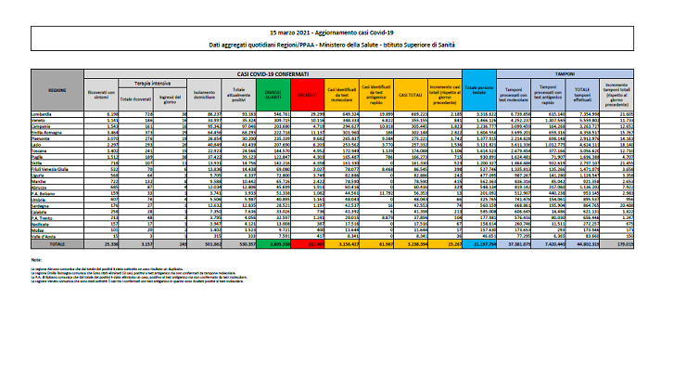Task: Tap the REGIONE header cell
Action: coord(57,90)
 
